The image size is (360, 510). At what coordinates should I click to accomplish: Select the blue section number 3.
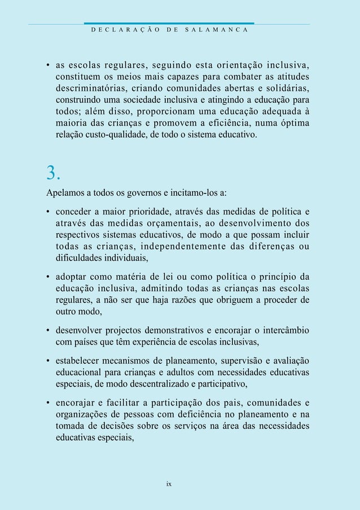(x=53, y=171)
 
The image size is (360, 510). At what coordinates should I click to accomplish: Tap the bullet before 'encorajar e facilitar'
(x=49, y=403)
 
